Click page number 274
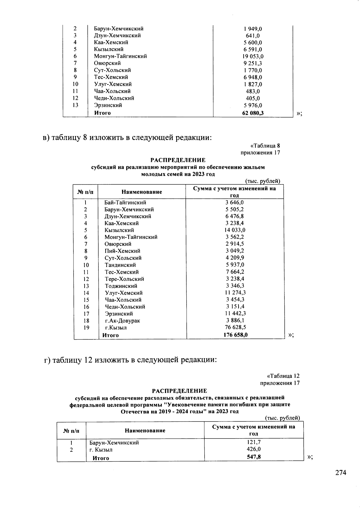point(340,473)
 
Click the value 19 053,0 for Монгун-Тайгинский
point(253,56)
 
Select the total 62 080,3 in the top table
point(253,113)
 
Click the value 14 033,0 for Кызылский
point(235,230)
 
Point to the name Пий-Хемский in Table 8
point(122,251)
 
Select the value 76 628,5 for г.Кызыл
point(235,327)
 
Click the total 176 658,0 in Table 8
point(235,335)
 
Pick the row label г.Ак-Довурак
point(122,321)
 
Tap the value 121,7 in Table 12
point(254,442)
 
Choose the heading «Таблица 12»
point(283,376)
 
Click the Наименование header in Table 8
point(142,192)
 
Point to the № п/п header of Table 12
point(71,431)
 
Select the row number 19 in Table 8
point(86,328)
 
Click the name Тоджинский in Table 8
point(121,286)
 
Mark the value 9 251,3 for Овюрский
point(253,63)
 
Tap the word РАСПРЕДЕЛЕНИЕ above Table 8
point(178,160)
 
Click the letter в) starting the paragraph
point(46,138)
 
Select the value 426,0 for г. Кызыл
point(254,449)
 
